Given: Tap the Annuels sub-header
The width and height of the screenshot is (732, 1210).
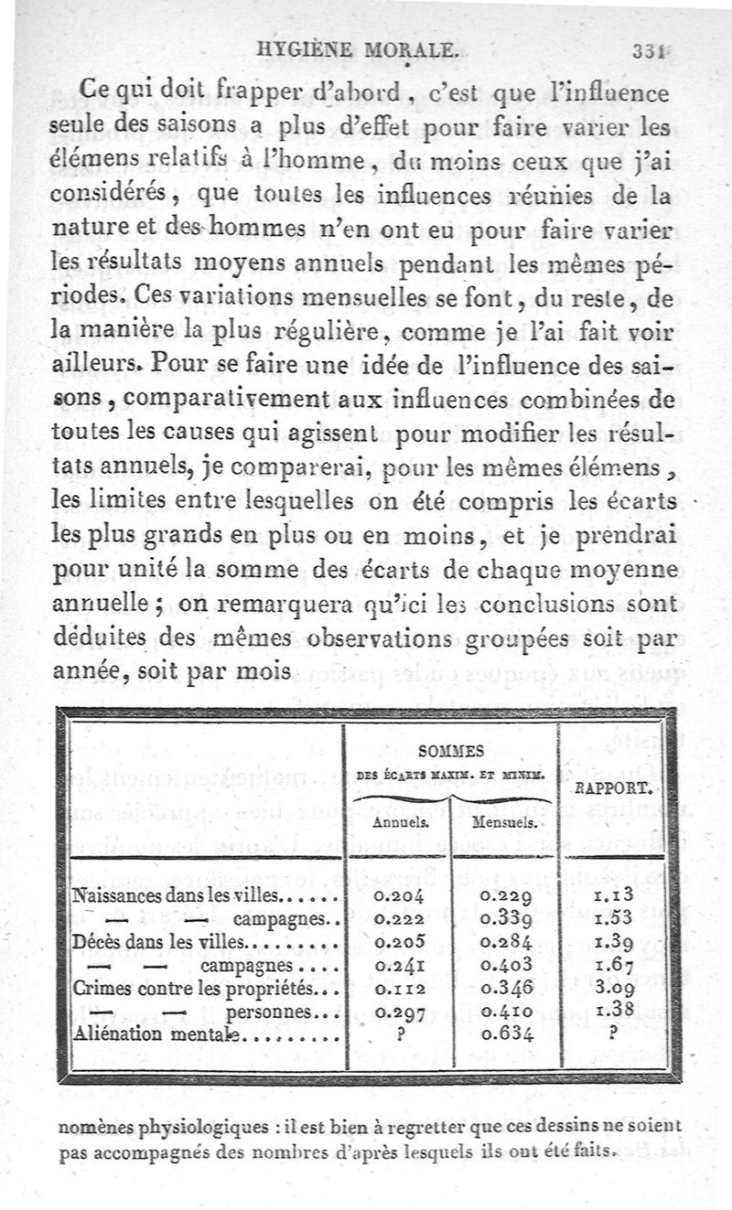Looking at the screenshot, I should tap(396, 822).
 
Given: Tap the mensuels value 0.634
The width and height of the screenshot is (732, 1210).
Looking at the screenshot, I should tap(505, 1035).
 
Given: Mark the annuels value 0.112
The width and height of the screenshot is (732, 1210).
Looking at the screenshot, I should tap(398, 989).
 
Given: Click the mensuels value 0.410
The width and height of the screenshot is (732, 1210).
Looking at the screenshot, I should tap(505, 1012).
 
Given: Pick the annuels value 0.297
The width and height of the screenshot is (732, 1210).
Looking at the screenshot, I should tap(398, 1012).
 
